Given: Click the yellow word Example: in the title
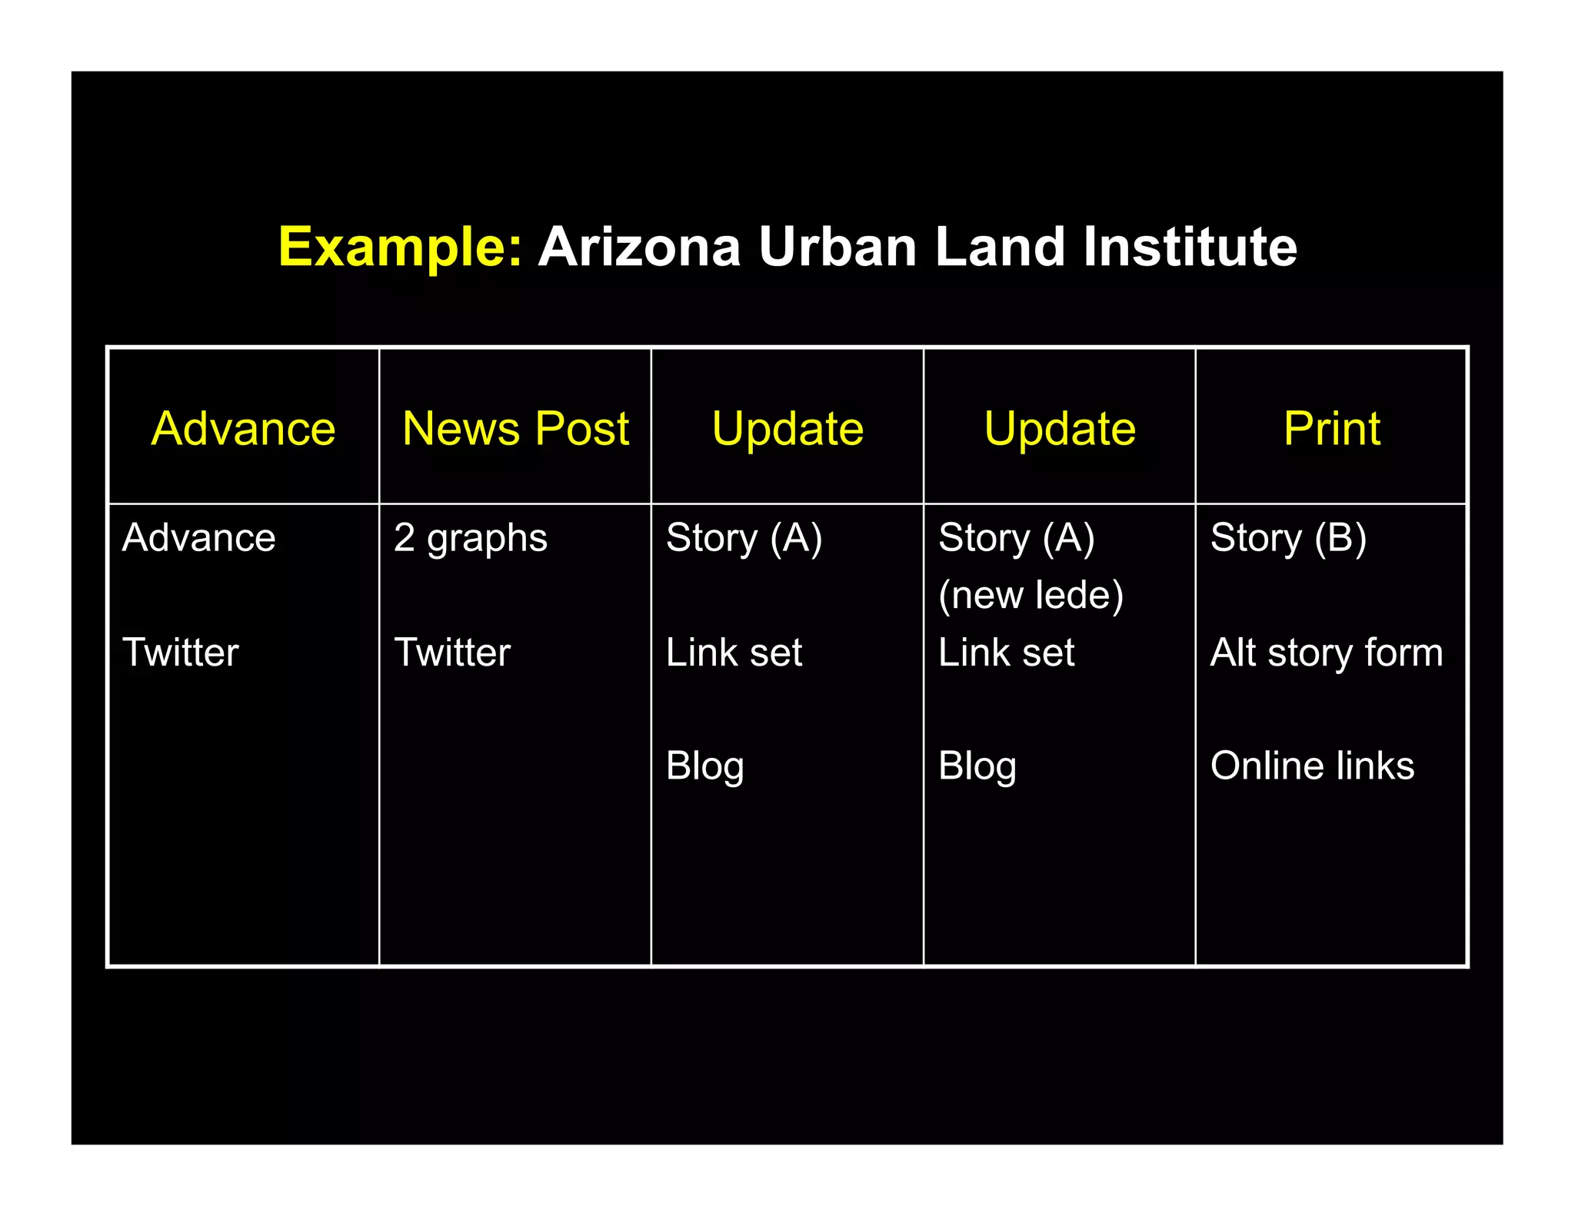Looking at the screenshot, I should click(400, 248).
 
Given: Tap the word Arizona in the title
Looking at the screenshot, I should click(639, 248).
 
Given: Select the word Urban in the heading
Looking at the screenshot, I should click(837, 248).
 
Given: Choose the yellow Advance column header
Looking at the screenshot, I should click(243, 428).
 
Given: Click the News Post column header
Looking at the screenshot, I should click(515, 428).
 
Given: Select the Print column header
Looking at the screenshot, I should click(1331, 428).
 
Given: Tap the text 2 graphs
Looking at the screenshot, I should click(470, 538).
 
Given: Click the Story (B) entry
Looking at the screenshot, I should click(1288, 538).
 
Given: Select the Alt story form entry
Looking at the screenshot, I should click(1326, 653).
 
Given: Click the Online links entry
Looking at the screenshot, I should click(1312, 766).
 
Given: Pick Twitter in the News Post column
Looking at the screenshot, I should click(452, 653).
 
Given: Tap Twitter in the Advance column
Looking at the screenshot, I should click(180, 653).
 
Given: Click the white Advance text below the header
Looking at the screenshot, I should click(198, 538).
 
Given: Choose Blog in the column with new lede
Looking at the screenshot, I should click(977, 766).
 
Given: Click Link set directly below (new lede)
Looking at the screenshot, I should click(1006, 653).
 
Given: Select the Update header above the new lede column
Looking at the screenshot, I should click(1060, 428).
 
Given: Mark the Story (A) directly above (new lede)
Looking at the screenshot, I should click(1016, 538).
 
